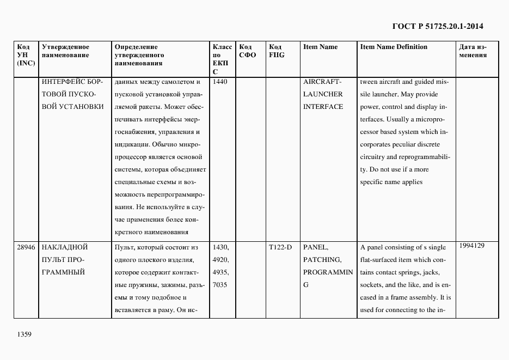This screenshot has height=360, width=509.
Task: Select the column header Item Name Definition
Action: click(x=394, y=47)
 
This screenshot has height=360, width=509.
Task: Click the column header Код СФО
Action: click(x=247, y=51)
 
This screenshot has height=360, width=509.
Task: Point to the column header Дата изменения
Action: click(x=473, y=51)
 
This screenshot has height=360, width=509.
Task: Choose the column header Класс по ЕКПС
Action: click(x=222, y=59)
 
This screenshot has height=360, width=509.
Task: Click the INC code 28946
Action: click(x=26, y=247)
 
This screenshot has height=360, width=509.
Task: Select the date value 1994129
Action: click(x=472, y=246)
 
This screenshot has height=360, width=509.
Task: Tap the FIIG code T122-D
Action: click(x=280, y=247)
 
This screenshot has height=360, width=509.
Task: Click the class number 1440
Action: click(x=220, y=82)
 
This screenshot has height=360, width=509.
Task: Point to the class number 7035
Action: click(x=221, y=285)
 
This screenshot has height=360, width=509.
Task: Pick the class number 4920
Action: click(x=221, y=260)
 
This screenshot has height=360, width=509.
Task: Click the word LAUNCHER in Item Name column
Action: click(x=323, y=94)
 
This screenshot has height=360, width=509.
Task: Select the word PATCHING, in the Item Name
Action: click(x=322, y=260)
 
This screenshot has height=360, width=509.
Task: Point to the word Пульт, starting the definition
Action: click(x=126, y=247)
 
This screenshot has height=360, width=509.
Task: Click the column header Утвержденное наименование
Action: click(x=66, y=51)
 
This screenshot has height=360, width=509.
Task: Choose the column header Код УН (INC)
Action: click(x=26, y=55)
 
